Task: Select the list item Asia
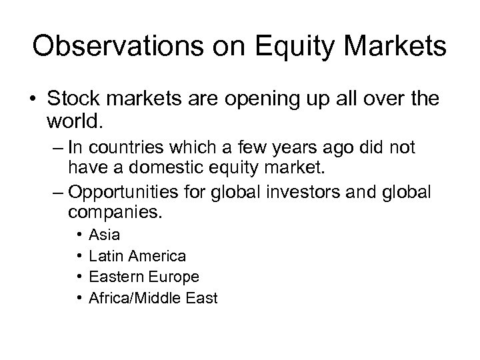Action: [104, 235]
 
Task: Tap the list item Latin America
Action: [137, 255]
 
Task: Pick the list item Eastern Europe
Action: [143, 277]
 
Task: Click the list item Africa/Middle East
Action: [153, 298]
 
